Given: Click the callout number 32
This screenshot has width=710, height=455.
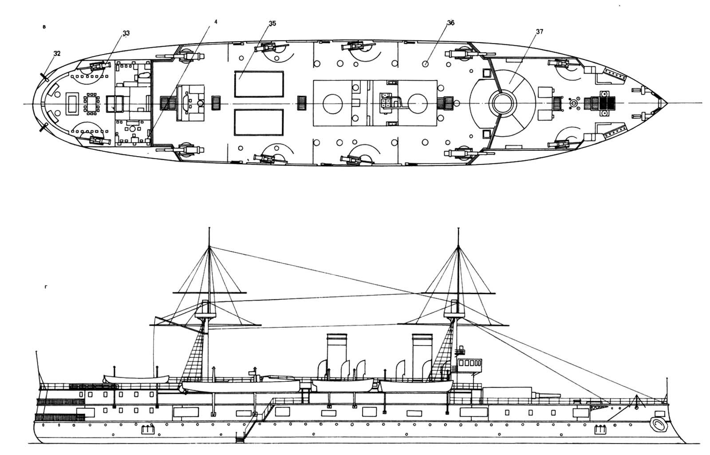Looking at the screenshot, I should tap(56, 54).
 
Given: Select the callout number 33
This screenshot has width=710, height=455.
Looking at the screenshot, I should tap(126, 33).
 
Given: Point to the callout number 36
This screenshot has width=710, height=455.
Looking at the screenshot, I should tap(451, 23).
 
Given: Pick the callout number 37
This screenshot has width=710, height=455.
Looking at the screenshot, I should tap(540, 32).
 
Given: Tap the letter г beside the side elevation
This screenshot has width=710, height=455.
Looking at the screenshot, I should tap(46, 286).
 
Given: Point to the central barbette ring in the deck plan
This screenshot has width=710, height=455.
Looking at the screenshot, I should tap(503, 103).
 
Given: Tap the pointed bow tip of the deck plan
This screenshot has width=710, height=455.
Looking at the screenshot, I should tap(666, 103).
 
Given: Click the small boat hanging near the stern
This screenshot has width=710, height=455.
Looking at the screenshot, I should tap(136, 379).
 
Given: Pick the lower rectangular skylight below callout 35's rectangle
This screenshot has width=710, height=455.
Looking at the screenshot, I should tap(259, 123).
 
